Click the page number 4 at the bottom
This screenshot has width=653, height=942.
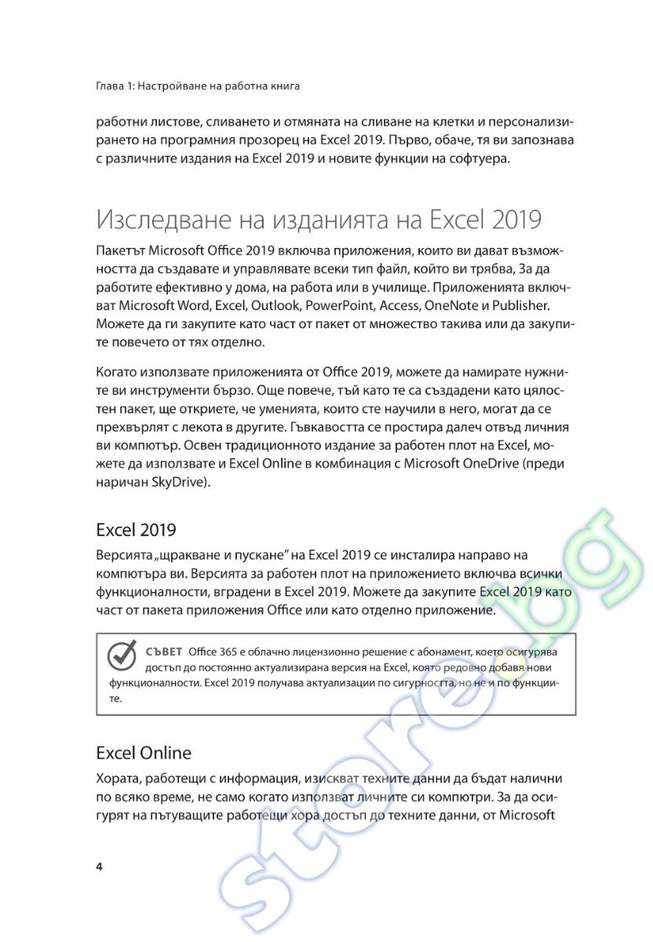(99, 867)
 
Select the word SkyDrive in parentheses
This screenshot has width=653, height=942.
(177, 482)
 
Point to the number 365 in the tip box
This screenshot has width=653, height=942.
(225, 652)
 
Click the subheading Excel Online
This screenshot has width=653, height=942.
(144, 753)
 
